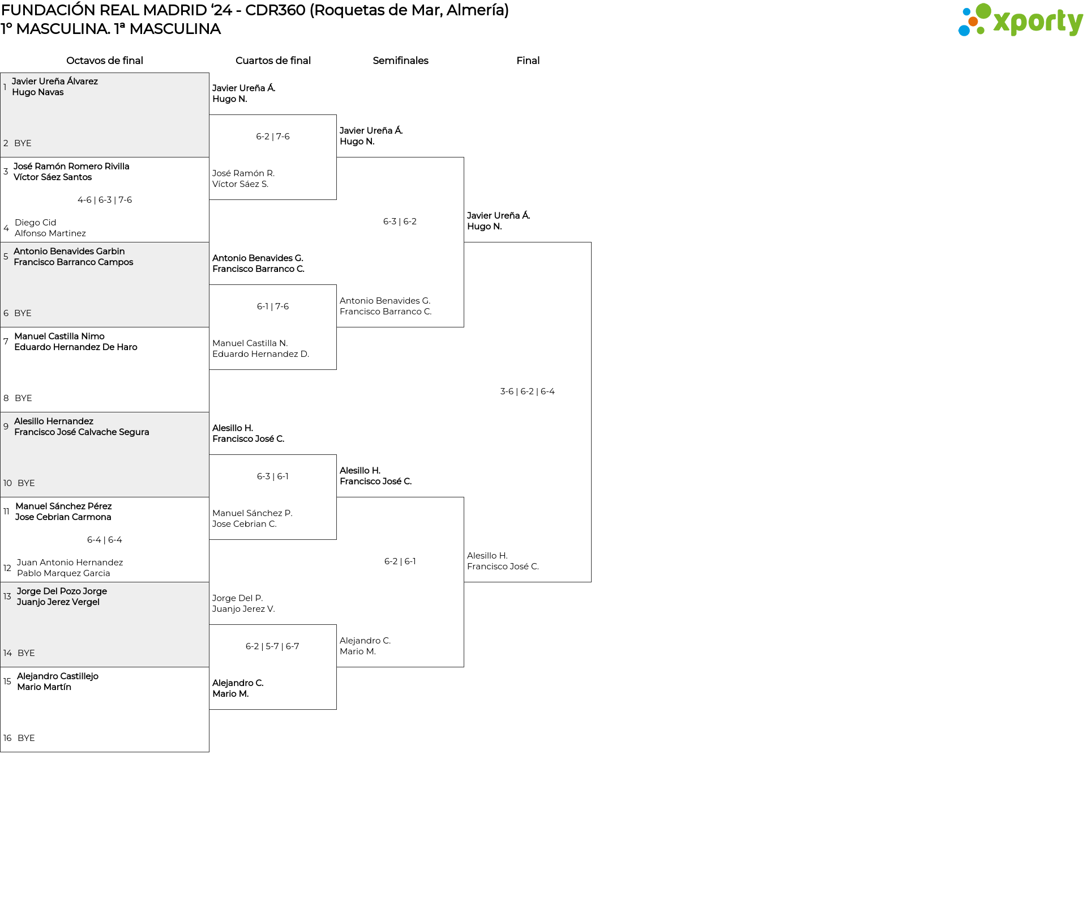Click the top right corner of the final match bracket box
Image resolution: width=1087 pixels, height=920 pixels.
pos(591,242)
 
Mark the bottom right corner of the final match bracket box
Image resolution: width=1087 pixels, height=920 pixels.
pos(591,582)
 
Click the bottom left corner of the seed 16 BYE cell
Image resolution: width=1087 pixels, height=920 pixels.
pos(1,752)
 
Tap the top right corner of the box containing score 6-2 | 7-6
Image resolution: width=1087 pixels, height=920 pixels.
pos(336,115)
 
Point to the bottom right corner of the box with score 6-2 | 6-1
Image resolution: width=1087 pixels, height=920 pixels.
pos(464,667)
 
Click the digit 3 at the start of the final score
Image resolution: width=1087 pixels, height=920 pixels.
pos(503,391)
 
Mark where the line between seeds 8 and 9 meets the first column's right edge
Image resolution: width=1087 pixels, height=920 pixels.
pos(209,412)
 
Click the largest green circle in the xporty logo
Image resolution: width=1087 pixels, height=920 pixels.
pos(983,11)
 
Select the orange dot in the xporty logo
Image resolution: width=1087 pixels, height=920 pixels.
pos(973,22)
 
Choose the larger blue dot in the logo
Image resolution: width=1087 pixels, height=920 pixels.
pos(964,30)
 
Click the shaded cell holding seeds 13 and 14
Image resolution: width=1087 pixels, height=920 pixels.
pos(105,624)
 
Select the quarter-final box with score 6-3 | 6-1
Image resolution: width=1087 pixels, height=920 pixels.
pos(273,497)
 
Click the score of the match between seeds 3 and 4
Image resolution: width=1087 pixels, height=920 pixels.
pos(105,200)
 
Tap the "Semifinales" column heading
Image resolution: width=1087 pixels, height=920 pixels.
pos(400,61)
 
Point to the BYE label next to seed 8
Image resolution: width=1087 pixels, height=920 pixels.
pos(23,398)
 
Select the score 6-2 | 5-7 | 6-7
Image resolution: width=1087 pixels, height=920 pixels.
pos(272,646)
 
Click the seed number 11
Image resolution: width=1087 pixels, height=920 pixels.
pos(6,512)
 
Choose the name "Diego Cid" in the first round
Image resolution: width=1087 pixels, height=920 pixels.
pos(35,223)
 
